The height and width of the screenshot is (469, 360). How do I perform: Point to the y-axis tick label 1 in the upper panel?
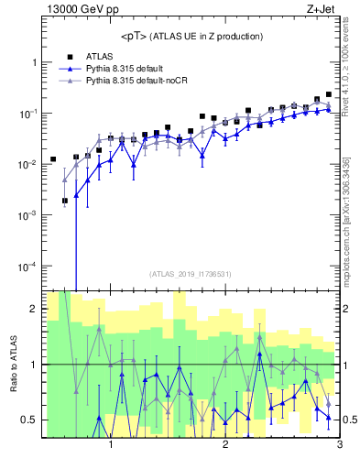pos(33,62)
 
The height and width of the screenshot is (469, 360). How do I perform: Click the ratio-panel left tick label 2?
pos(33,309)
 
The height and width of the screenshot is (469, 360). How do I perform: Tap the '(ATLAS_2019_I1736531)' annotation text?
pos(191,274)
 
